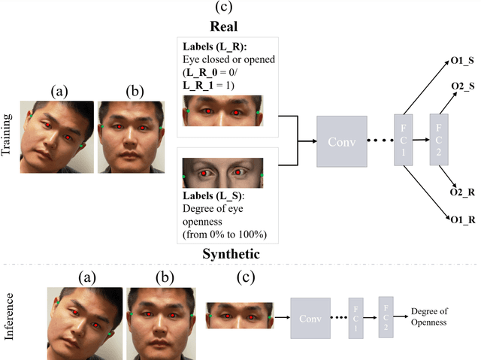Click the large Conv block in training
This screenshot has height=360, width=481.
(x=342, y=141)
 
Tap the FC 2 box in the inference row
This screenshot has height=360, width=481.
(x=386, y=315)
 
